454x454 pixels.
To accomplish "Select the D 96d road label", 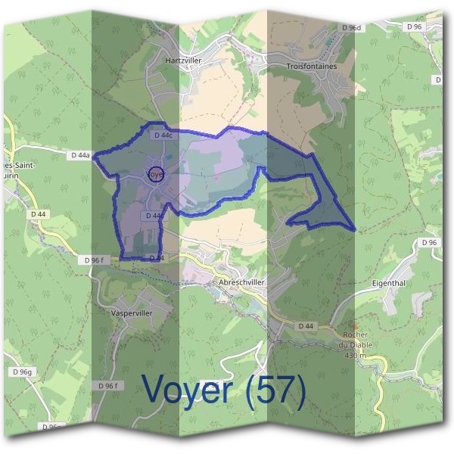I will click(x=351, y=28).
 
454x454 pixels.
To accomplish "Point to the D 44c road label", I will click(x=163, y=135).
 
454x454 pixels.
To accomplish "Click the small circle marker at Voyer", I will click(x=155, y=174).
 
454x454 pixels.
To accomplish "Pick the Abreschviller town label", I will click(x=241, y=281).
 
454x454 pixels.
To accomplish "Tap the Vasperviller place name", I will click(x=131, y=312).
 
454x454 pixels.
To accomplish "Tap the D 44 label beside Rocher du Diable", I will click(x=306, y=326).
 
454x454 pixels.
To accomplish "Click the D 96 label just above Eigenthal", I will click(x=429, y=242).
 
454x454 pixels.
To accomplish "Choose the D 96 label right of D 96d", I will click(x=414, y=27).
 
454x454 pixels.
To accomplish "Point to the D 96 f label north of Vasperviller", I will click(x=93, y=260).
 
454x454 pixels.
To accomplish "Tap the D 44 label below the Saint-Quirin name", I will click(x=39, y=214).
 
